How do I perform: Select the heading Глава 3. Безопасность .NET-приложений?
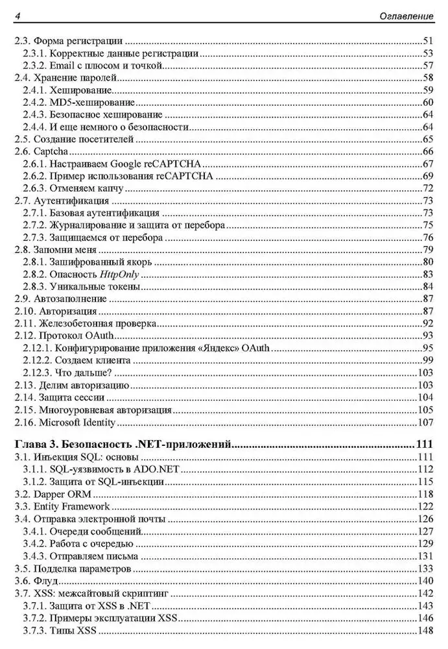tap(123, 445)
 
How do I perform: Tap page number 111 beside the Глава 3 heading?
tap(423, 445)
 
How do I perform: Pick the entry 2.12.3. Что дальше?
tap(68, 373)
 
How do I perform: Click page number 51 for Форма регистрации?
tap(427, 40)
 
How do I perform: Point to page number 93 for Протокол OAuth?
tap(427, 336)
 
